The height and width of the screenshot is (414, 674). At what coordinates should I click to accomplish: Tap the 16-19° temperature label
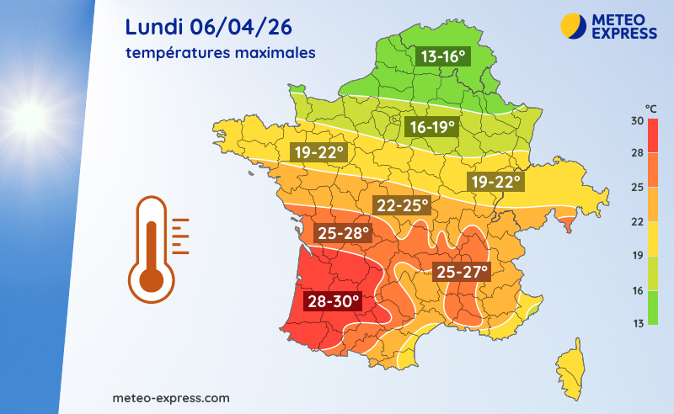[x=431, y=127]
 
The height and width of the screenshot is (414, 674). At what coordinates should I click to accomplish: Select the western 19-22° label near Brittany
[x=318, y=152]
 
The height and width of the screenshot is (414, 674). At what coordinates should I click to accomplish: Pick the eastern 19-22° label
[x=497, y=182]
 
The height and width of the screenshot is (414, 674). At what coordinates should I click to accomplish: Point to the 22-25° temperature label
[x=402, y=204]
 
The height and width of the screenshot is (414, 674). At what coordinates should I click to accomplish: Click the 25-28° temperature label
[x=342, y=231]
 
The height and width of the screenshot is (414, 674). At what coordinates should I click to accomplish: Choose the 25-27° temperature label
[x=461, y=271]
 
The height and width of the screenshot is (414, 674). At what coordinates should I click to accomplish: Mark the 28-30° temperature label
[x=332, y=300]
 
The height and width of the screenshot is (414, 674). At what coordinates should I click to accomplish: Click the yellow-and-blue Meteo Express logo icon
[x=572, y=25]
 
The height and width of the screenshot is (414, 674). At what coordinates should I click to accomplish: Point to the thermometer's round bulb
[x=151, y=279]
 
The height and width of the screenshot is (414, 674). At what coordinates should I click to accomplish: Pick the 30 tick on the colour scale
[x=638, y=120]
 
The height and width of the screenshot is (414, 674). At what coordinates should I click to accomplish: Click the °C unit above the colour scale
[x=651, y=108]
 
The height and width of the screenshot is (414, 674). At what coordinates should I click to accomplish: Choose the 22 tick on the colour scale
[x=638, y=221]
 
